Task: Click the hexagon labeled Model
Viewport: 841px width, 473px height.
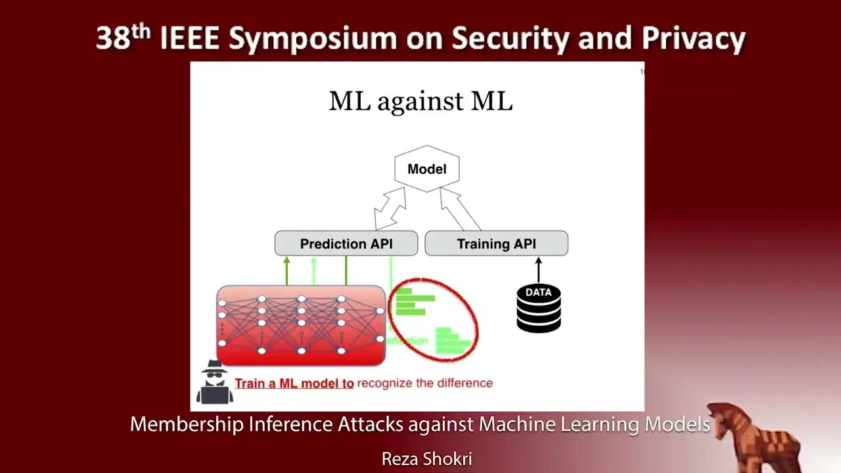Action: (x=426, y=169)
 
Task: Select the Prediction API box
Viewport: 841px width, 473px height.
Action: (x=346, y=244)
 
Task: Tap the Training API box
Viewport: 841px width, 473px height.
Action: (x=496, y=244)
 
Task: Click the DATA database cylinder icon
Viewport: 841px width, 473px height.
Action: (x=539, y=308)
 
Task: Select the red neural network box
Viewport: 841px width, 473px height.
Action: (x=301, y=325)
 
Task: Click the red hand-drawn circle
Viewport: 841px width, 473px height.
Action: (x=433, y=320)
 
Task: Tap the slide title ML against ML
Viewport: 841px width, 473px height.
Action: (x=420, y=101)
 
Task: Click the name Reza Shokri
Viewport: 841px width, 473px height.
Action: (x=426, y=459)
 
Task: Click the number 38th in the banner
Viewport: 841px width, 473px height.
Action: (x=124, y=37)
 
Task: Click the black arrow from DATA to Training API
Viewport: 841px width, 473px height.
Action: (x=539, y=270)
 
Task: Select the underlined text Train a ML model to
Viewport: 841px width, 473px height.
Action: (x=294, y=384)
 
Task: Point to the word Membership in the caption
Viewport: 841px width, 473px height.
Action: (x=186, y=424)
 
